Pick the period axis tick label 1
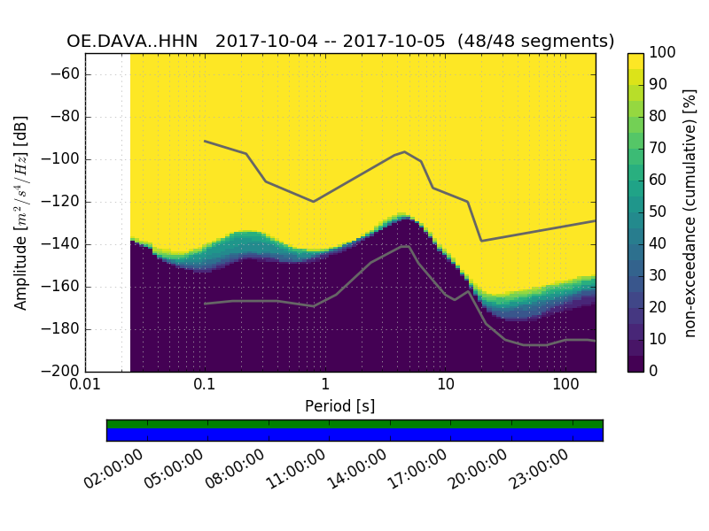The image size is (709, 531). point(325,384)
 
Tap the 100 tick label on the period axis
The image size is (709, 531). point(565,384)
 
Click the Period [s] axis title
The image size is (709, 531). point(339,405)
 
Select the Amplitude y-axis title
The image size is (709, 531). point(21,212)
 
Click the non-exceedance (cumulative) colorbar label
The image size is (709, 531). point(690,212)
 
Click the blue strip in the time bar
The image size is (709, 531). point(354,435)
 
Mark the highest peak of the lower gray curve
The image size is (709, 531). point(406,246)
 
